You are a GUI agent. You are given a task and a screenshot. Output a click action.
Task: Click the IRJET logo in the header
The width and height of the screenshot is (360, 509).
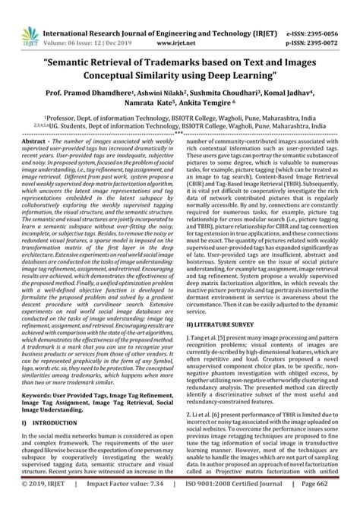[x=21, y=17]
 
